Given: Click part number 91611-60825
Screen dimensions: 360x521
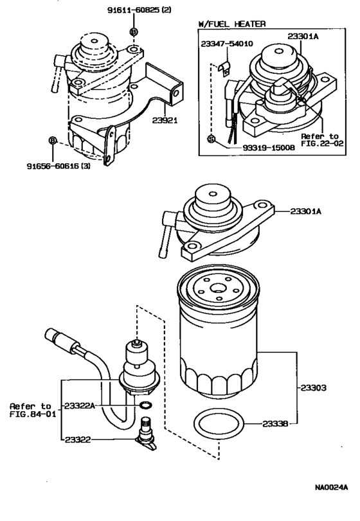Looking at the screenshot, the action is [x=134, y=10].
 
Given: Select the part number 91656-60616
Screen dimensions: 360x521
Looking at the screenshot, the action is [x=53, y=166].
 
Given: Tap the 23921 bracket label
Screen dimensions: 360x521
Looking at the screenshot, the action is [x=165, y=120].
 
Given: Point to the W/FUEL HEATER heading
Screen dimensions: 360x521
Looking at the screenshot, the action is [x=232, y=24].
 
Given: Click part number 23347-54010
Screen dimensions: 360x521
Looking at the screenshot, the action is [x=227, y=44].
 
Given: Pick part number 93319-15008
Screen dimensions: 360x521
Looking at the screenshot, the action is [x=269, y=148].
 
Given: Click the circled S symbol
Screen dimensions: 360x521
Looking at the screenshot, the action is [x=211, y=139].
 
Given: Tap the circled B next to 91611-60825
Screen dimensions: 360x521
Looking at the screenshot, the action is [x=134, y=31].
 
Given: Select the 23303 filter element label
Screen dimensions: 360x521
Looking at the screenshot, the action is [x=314, y=387].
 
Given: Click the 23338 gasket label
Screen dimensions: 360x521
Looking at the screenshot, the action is [x=275, y=423].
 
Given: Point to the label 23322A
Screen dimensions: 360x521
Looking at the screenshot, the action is [x=80, y=405].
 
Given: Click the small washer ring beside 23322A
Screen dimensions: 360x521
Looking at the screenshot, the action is [x=145, y=405].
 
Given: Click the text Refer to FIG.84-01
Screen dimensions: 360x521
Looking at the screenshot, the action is [x=33, y=410].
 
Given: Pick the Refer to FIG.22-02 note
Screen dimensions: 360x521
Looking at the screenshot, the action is [x=322, y=139].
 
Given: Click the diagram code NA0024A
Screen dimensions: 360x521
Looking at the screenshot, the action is [x=332, y=488].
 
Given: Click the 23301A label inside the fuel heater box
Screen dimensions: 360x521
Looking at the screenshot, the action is [x=303, y=37].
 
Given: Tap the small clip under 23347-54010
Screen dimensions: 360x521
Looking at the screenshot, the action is [x=224, y=69].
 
